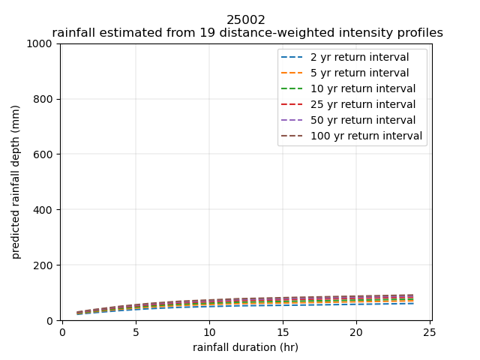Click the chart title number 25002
(246, 20)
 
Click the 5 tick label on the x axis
(136, 332)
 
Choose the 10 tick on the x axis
(209, 332)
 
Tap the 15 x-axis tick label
(283, 332)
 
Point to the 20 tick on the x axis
(356, 332)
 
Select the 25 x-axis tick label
(430, 332)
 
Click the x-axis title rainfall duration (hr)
(245, 347)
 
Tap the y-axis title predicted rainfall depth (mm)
(16, 182)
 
